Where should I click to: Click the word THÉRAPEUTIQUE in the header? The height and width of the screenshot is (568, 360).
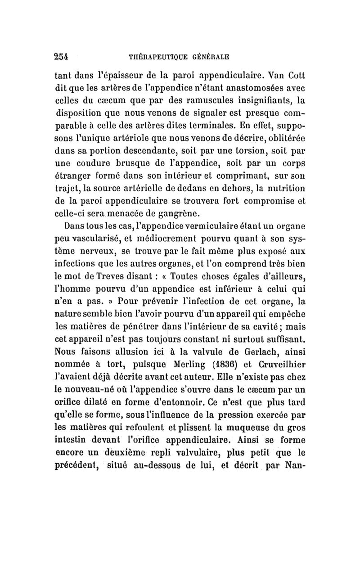[x=155, y=57]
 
